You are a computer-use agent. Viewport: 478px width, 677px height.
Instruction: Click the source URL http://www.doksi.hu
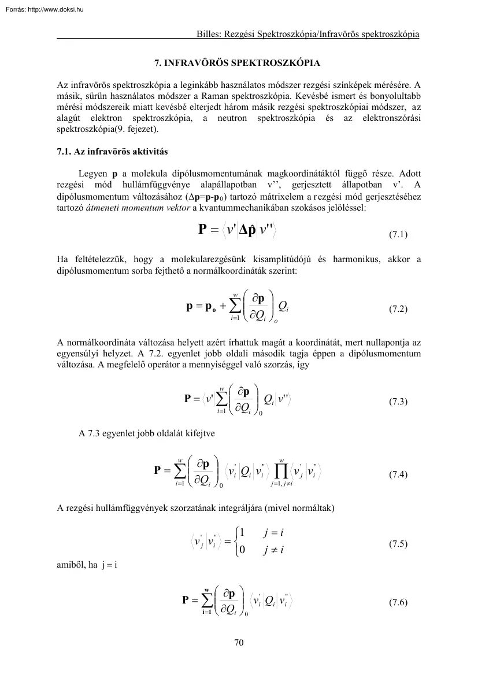click(x=55, y=9)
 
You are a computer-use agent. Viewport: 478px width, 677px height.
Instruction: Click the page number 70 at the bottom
click(x=239, y=641)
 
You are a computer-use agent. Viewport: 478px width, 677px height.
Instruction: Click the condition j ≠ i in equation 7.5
click(x=273, y=550)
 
